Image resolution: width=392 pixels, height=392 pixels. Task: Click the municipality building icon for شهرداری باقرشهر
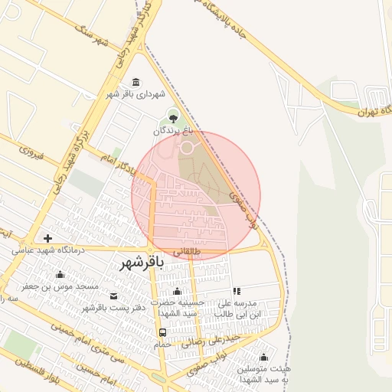point(136,82)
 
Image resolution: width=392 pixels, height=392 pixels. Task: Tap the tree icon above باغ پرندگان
point(172,117)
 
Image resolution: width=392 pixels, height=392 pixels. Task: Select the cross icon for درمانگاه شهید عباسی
point(48,239)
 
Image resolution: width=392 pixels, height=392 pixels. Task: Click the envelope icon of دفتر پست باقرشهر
point(114,296)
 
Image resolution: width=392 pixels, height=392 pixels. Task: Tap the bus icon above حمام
point(162,332)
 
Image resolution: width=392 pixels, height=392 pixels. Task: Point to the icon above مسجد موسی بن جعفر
point(60,275)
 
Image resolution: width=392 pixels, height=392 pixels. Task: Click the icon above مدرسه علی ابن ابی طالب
point(237,291)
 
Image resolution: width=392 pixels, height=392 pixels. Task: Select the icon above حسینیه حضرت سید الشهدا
point(178,291)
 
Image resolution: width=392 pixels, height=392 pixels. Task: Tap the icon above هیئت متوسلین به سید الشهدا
point(264,357)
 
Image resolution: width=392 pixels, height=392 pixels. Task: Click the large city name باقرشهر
point(142,263)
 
